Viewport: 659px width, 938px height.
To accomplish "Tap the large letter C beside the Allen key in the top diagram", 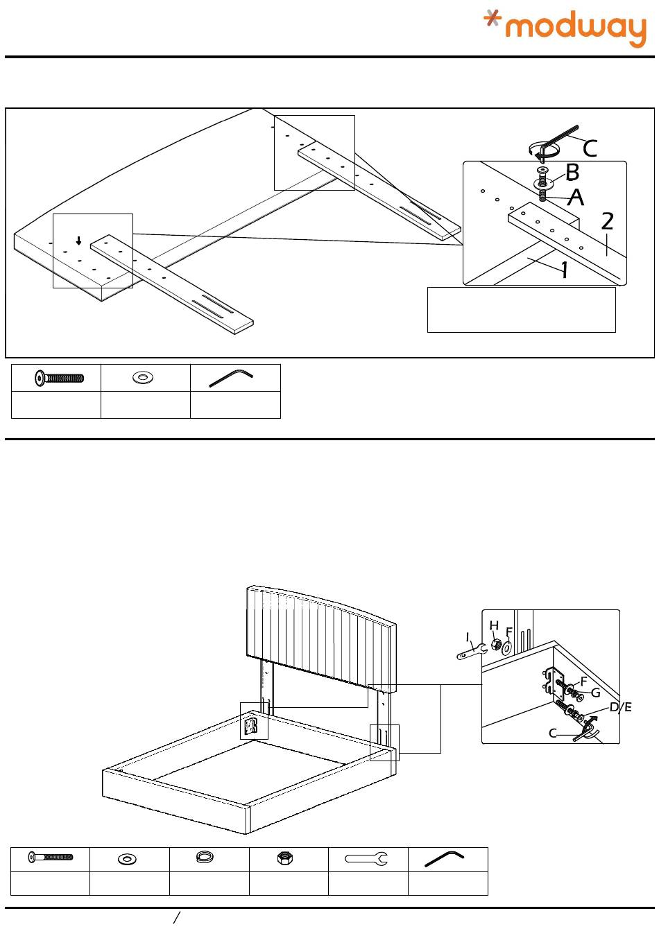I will pyautogui.click(x=590, y=148).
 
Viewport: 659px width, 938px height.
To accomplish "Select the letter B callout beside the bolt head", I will pyautogui.click(x=572, y=172).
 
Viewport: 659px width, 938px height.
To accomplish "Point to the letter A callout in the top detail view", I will pyautogui.click(x=576, y=198).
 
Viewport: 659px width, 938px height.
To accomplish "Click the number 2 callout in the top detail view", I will pyautogui.click(x=607, y=221).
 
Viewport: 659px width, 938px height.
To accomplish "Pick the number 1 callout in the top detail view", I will pyautogui.click(x=565, y=270).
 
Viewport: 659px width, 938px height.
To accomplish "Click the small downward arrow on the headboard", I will pyautogui.click(x=79, y=241).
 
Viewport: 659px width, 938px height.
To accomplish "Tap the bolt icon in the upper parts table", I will pyautogui.click(x=60, y=378).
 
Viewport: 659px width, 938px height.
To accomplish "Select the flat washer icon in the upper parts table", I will pyautogui.click(x=144, y=377).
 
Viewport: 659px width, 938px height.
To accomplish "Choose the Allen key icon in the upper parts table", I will pyautogui.click(x=232, y=378).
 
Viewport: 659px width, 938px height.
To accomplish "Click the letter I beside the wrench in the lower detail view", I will pyautogui.click(x=468, y=636).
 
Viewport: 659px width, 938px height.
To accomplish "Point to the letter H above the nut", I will pyautogui.click(x=494, y=626).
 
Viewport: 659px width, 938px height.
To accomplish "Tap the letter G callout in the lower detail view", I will pyautogui.click(x=595, y=692).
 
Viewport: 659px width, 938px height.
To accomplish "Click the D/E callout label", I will pyautogui.click(x=620, y=707).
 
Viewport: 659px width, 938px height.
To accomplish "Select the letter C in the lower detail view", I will pyautogui.click(x=553, y=733).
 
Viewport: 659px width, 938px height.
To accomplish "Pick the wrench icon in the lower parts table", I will pyautogui.click(x=366, y=859).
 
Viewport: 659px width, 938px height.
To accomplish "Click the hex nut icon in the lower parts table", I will pyautogui.click(x=284, y=858).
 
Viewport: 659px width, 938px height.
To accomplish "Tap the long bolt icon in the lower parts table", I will pyautogui.click(x=50, y=858).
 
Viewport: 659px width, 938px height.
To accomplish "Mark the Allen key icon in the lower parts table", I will pyautogui.click(x=444, y=859).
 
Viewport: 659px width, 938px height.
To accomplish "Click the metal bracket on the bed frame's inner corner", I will pyautogui.click(x=253, y=726).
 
